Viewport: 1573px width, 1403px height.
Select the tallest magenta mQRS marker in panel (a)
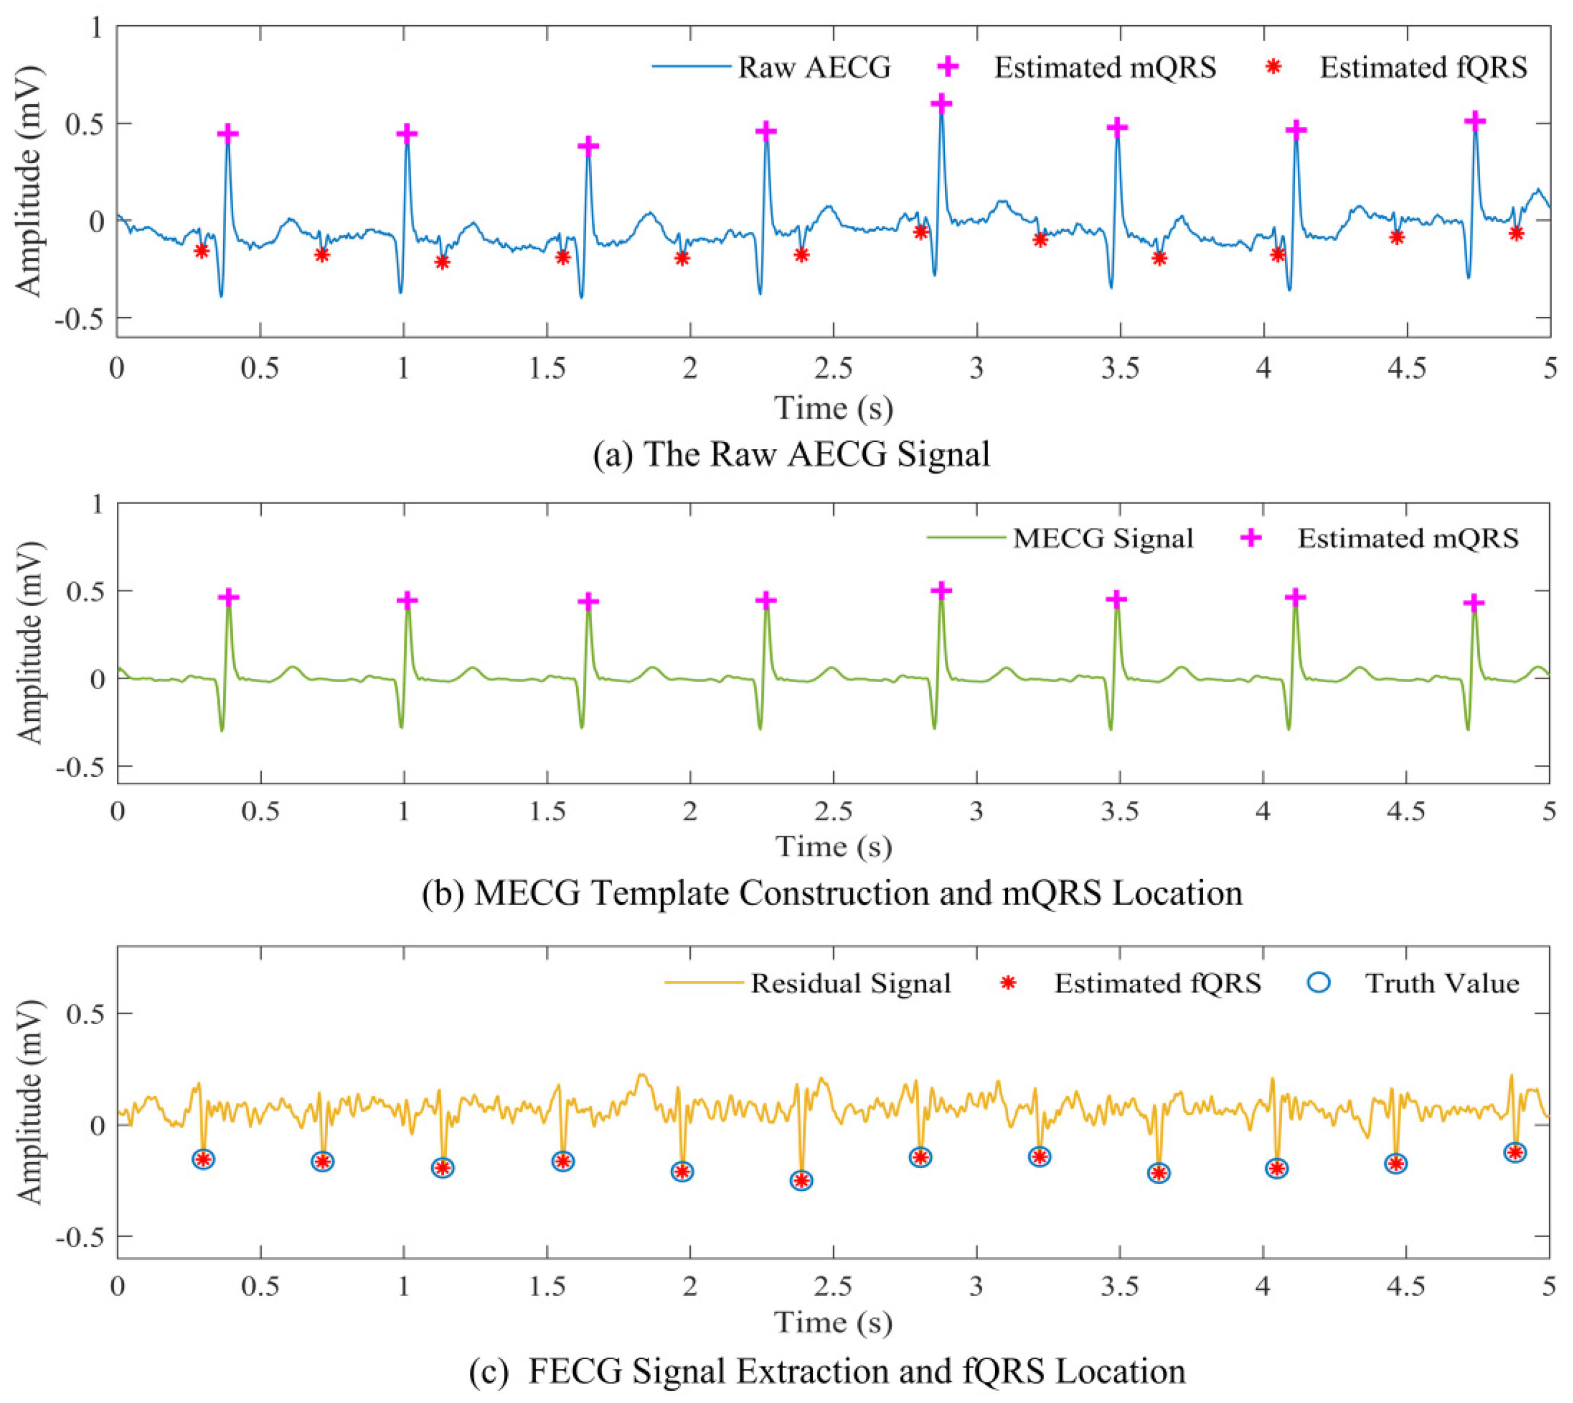tap(941, 103)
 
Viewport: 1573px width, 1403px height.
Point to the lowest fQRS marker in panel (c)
tap(802, 1180)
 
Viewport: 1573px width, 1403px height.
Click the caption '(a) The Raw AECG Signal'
tap(792, 454)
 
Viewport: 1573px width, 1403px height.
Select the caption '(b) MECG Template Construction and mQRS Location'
tap(832, 893)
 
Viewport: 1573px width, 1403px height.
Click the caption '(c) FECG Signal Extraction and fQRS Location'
tap(827, 1371)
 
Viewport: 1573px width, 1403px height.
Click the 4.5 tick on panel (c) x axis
tap(1406, 1287)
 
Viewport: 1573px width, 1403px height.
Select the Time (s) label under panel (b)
tap(833, 846)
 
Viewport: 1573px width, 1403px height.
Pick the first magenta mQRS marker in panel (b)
tap(228, 597)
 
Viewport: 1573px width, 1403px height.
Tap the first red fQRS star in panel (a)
tap(201, 251)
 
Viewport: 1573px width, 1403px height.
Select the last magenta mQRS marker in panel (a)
tap(1475, 121)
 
